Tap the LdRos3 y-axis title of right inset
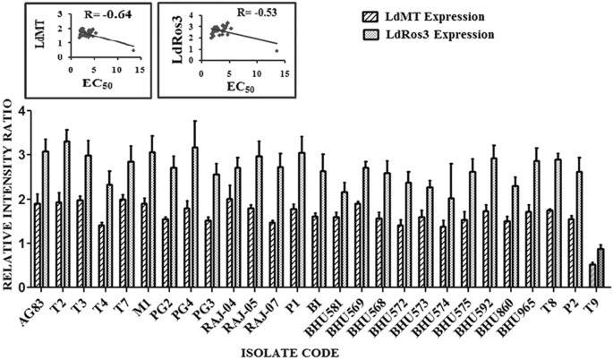[x=167, y=34]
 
